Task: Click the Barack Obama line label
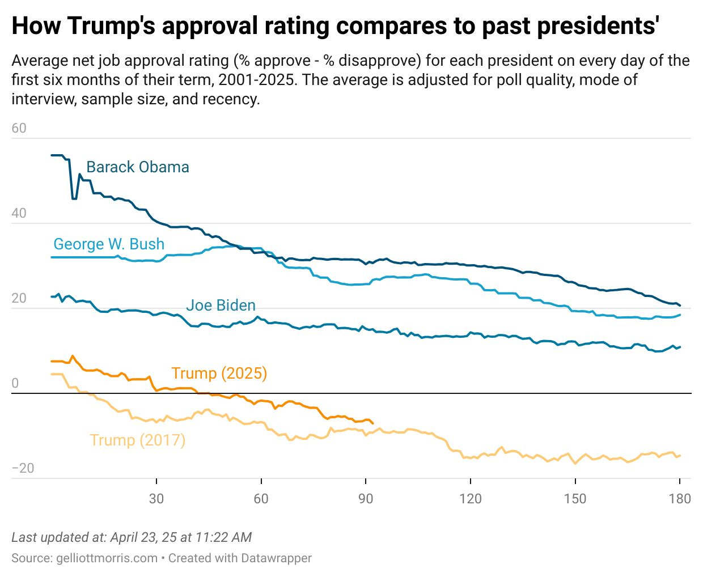coord(137,167)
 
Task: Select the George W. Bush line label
coord(109,244)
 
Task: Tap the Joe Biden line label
coord(221,306)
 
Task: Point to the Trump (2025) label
coord(219,374)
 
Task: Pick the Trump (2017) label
coord(137,440)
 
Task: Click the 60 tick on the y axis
coord(19,128)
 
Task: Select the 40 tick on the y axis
coord(19,213)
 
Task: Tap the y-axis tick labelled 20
coord(19,298)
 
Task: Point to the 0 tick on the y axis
coord(15,383)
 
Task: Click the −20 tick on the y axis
coord(23,468)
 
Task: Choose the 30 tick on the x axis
coord(156,499)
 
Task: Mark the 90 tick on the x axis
coord(366,499)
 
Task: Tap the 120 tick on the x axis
coord(470,499)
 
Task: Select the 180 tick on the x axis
coord(680,499)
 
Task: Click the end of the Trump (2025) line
coord(372,423)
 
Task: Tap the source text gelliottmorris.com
coord(107,558)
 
